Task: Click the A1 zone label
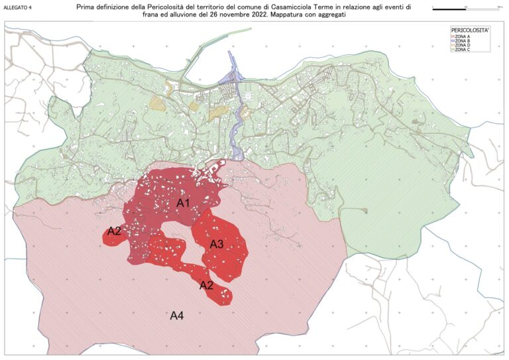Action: point(184,203)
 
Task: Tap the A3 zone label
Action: point(217,245)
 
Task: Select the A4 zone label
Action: point(177,316)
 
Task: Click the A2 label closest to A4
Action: point(207,285)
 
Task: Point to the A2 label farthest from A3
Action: point(114,231)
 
